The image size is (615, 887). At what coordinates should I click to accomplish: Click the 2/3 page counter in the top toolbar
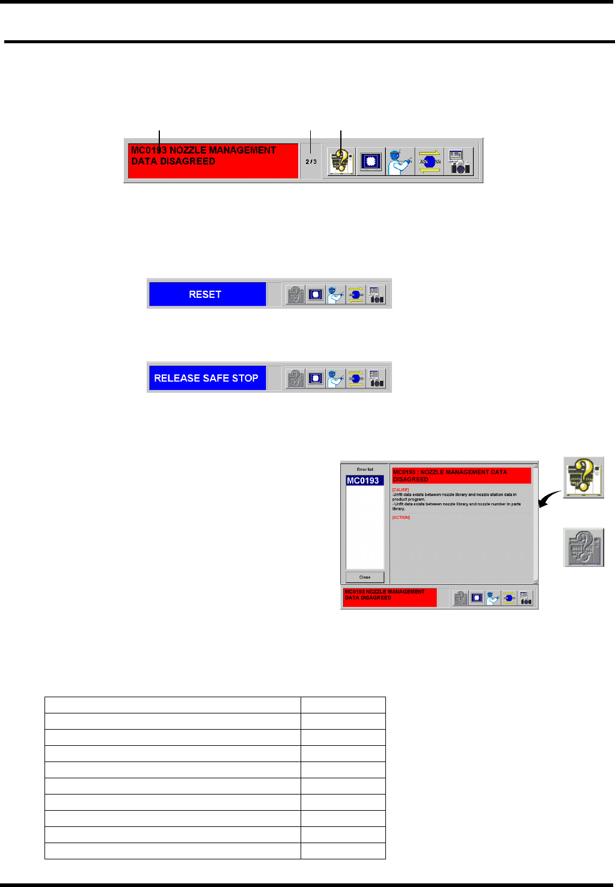coord(311,162)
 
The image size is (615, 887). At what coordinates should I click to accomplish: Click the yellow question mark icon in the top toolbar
coord(341,162)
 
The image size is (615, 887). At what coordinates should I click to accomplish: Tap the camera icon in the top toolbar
coord(459,162)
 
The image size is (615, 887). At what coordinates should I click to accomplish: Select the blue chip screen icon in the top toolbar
coord(370,162)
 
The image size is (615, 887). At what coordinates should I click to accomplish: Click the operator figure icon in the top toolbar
coord(400,162)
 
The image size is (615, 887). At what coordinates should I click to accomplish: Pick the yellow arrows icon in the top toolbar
coord(429,162)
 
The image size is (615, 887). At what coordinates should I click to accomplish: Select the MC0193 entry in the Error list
coord(364,480)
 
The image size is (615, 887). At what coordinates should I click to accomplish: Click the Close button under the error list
coord(365,577)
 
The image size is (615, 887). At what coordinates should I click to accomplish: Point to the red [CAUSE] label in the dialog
coord(400,490)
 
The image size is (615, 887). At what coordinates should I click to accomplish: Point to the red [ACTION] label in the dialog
coord(401,517)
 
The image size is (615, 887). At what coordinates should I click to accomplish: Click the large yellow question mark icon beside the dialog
coord(583,477)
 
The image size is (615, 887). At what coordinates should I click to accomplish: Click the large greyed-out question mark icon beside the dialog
coord(583,547)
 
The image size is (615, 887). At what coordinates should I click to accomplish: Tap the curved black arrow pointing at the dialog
coord(549,499)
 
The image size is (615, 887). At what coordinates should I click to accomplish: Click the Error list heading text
coord(365,470)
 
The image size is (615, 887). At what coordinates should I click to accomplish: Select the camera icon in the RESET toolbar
coord(376,294)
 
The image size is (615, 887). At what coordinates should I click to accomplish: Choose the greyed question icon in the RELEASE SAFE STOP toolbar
coord(295,378)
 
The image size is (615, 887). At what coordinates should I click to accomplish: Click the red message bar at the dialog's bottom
coord(390,598)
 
